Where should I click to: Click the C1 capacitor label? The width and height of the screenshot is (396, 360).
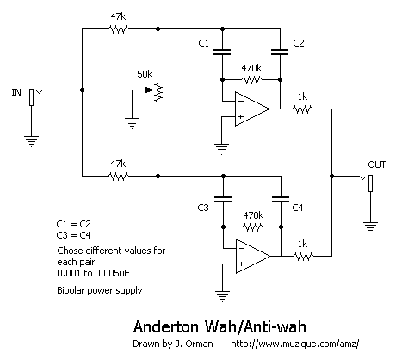tap(203, 43)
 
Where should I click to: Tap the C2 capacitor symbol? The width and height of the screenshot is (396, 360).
tap(280, 52)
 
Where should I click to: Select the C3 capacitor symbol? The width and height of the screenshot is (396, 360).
tap(223, 199)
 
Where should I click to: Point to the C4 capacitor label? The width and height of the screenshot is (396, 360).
tap(298, 208)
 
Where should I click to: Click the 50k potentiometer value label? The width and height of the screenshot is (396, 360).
tap(145, 74)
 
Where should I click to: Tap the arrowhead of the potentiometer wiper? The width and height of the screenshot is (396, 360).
tap(149, 90)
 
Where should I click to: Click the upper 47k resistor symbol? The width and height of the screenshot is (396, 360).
tap(118, 28)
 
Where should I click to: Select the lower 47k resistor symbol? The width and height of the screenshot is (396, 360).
tap(118, 176)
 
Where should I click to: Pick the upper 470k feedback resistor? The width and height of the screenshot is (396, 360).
tap(251, 79)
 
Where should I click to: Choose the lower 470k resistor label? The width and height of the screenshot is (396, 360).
tap(253, 215)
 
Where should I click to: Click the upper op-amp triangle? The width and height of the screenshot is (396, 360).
tap(252, 109)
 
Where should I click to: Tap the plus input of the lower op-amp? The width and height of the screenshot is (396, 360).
tap(242, 264)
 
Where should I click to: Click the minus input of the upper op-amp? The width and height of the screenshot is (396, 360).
tap(241, 101)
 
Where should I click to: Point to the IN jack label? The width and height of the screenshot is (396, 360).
tap(16, 92)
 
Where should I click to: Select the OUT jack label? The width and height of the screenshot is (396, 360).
tap(377, 164)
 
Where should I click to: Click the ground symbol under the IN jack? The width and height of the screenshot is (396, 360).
tap(31, 141)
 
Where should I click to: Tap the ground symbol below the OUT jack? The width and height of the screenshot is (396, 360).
tap(370, 227)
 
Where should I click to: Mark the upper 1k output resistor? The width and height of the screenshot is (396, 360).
tap(302, 109)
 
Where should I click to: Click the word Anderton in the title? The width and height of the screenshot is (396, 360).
tap(166, 327)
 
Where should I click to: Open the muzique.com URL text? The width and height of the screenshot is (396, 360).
tap(295, 344)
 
